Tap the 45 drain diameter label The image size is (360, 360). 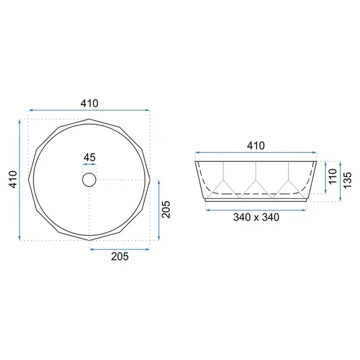coord(89,157)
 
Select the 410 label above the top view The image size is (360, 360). coord(89,103)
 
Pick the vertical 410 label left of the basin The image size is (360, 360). coord(13,179)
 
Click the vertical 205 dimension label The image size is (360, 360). coord(166,209)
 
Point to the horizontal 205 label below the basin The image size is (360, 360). coord(120,256)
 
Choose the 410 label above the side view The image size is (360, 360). coord(256,146)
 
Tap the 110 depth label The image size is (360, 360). coord(332,176)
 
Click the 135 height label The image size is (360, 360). coord(347,180)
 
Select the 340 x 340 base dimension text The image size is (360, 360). coord(256,217)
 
